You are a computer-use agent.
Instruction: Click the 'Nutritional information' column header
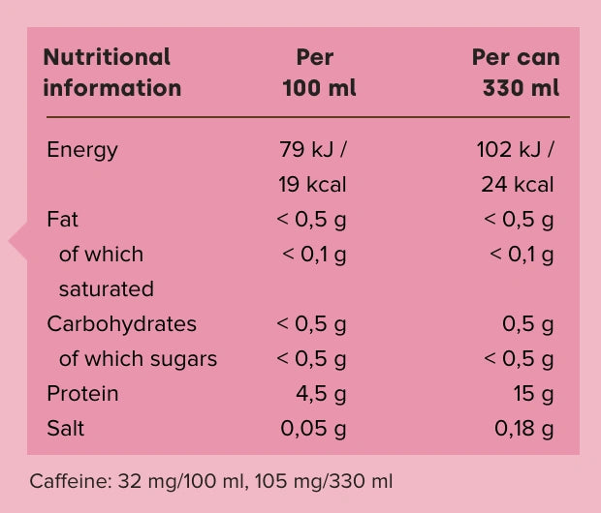pyautogui.click(x=111, y=73)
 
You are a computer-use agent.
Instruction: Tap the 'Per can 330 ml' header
pyautogui.click(x=516, y=73)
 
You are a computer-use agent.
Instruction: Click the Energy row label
pyautogui.click(x=82, y=150)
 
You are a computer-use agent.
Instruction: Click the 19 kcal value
pyautogui.click(x=313, y=185)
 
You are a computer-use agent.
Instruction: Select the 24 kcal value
pyautogui.click(x=518, y=185)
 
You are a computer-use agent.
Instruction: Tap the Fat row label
pyautogui.click(x=63, y=220)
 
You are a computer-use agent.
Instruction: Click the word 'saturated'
pyautogui.click(x=107, y=289)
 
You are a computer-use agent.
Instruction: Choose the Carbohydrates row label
pyautogui.click(x=121, y=324)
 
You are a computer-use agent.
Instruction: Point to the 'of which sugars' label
pyautogui.click(x=138, y=359)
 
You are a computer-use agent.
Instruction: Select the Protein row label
pyautogui.click(x=82, y=394)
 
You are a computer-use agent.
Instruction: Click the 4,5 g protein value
pyautogui.click(x=321, y=394)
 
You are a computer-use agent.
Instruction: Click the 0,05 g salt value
pyautogui.click(x=313, y=429)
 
